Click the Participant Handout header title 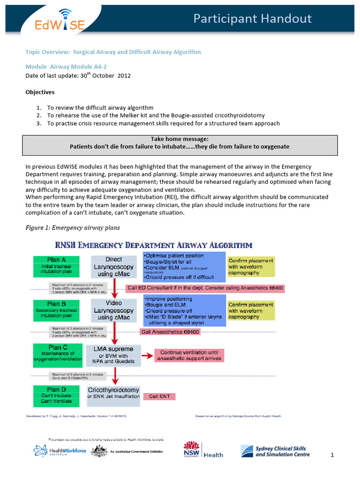click(253, 18)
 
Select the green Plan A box click(56, 265)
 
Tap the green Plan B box click(56, 310)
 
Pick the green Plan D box click(53, 395)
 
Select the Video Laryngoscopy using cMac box click(113, 310)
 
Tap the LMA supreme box click(113, 355)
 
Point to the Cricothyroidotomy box click(113, 393)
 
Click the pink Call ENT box click(159, 397)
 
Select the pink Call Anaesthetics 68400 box click(170, 332)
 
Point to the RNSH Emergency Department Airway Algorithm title click(154, 245)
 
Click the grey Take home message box click(180, 143)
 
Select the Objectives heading click(40, 92)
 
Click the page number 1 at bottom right click(331, 455)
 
